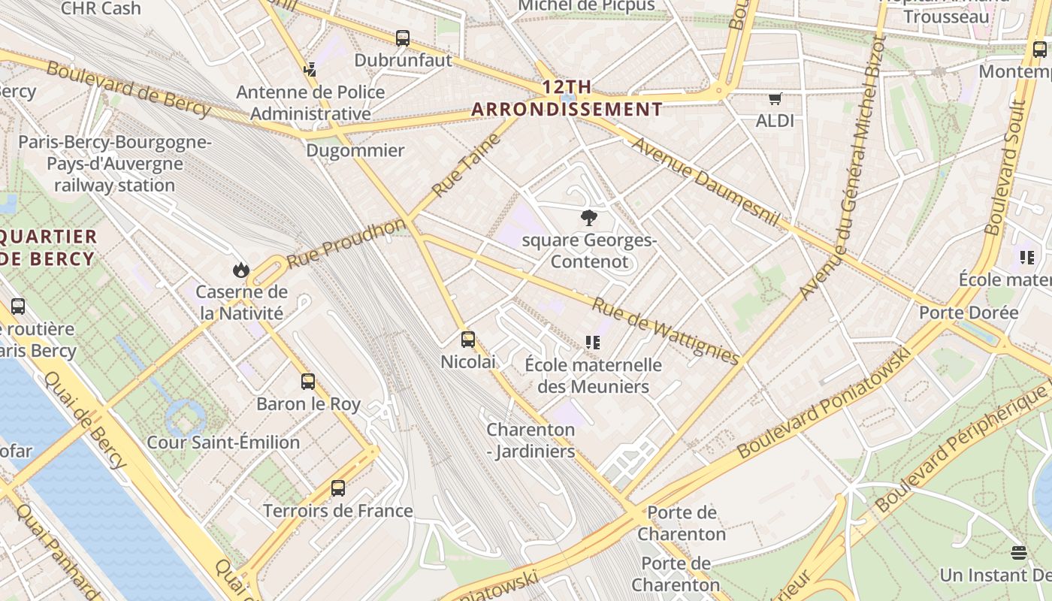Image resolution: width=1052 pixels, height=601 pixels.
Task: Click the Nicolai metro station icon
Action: [468, 340]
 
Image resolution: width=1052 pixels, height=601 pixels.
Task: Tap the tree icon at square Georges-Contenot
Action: [589, 219]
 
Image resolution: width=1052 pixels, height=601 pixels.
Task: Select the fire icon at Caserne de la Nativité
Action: [240, 270]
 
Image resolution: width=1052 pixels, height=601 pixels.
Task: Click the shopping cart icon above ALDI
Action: [775, 98]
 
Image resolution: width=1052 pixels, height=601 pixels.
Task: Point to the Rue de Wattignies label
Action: [665, 331]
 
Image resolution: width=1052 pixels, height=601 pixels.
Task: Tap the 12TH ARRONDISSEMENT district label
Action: [567, 98]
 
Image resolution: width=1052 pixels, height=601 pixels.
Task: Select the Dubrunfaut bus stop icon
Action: [403, 38]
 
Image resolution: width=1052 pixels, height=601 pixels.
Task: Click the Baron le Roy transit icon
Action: [308, 381]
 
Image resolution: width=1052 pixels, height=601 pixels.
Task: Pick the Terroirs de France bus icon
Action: [338, 488]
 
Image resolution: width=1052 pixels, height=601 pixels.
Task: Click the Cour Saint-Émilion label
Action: [223, 442]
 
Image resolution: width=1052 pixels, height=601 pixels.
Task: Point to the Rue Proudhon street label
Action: [346, 244]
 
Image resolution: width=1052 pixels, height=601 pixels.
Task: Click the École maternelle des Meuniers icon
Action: [593, 343]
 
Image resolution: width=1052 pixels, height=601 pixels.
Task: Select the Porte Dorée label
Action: [969, 313]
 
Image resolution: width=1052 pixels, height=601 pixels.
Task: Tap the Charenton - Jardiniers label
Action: [531, 440]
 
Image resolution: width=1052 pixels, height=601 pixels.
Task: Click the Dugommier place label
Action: [355, 150]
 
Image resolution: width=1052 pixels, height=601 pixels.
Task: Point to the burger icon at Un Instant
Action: [1019, 553]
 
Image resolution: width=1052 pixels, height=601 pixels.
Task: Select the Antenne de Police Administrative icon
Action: [310, 70]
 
